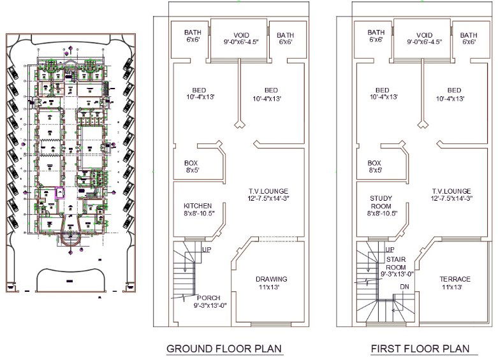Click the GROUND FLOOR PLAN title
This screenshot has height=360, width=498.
224,349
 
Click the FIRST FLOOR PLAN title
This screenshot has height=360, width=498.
420,349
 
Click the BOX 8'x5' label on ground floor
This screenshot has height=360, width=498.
191,167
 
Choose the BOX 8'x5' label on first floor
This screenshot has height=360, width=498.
374,167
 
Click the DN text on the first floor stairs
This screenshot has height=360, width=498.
404,287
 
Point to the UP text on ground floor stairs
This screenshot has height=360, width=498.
207,249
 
